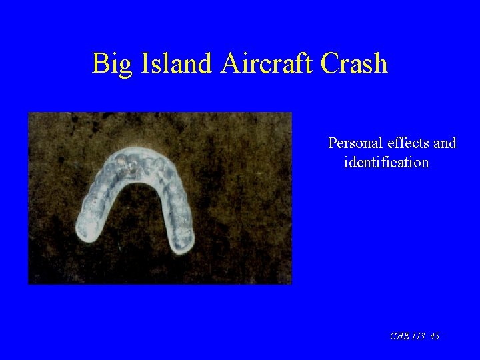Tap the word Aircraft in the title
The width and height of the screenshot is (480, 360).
click(x=267, y=63)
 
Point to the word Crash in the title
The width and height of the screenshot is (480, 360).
click(x=353, y=63)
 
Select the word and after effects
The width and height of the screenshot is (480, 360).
click(x=445, y=143)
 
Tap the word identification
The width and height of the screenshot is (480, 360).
click(x=386, y=162)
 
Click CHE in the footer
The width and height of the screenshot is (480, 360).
click(x=399, y=337)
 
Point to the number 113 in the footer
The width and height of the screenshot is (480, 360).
click(x=419, y=337)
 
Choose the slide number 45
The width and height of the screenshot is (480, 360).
click(x=435, y=337)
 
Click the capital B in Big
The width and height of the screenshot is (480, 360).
click(x=100, y=63)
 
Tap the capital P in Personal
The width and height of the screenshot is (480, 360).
click(x=332, y=143)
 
